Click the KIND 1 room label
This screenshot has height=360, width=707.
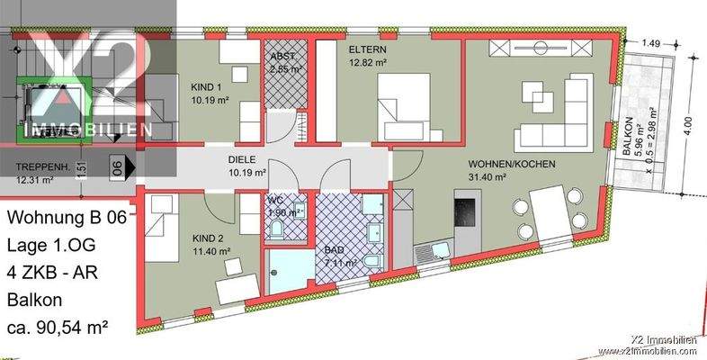point(207,87)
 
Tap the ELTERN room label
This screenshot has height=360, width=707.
point(368,49)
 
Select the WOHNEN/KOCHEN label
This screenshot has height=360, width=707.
point(511,165)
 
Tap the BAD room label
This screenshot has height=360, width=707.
point(335,251)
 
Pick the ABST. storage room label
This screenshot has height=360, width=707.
point(284,55)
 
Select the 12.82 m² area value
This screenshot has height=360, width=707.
point(368,62)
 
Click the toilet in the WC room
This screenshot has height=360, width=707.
point(277,230)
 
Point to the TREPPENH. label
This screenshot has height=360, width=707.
point(44,167)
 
